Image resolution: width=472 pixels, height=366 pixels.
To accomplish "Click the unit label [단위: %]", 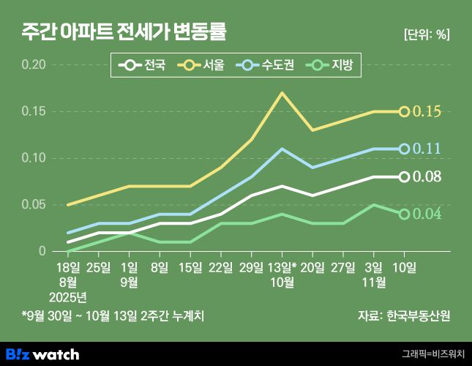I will [426, 34].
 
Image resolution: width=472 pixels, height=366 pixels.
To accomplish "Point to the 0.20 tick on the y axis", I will [34, 65].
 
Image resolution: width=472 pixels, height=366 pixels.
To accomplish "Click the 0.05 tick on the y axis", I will [34, 204].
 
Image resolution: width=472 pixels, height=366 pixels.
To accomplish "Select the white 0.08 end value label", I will [427, 176].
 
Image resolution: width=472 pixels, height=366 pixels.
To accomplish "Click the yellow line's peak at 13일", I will [282, 93].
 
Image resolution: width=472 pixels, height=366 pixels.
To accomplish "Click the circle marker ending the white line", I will [404, 176].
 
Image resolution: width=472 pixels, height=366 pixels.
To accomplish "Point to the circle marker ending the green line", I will [404, 214].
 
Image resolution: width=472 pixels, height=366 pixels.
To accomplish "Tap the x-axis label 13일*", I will [283, 267].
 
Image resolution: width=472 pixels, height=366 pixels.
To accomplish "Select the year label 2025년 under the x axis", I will [68, 296].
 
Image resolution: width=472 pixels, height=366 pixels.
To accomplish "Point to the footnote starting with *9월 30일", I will [113, 316].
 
